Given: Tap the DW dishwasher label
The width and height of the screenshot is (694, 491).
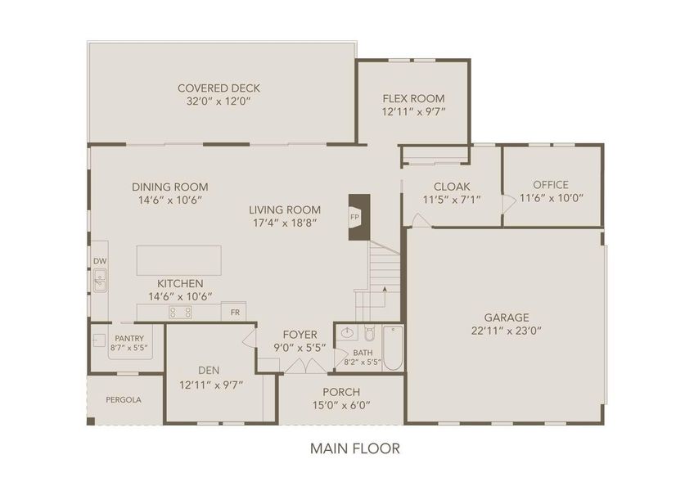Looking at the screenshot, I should [x=99, y=262].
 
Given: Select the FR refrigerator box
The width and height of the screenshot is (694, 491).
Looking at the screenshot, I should [x=234, y=313].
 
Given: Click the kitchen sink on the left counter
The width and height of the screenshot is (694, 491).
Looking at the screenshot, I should [x=100, y=284].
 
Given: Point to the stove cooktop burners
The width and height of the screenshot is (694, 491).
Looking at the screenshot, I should [x=180, y=312].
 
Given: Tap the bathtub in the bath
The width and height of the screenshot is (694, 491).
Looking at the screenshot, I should [x=393, y=348].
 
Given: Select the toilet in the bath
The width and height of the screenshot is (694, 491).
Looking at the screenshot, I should [x=369, y=335].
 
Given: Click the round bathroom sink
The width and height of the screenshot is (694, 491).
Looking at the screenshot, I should [x=347, y=334].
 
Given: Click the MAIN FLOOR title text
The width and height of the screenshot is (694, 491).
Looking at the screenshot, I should [x=354, y=448].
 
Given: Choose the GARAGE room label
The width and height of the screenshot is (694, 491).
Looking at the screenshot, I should [x=506, y=318].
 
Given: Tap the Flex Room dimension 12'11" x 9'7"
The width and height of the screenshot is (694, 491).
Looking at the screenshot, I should [x=413, y=111].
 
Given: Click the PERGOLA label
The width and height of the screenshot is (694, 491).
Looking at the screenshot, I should [x=124, y=400].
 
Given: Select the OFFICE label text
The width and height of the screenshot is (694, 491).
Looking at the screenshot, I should [x=550, y=185].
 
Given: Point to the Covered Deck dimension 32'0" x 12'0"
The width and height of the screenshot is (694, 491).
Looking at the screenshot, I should [x=218, y=102].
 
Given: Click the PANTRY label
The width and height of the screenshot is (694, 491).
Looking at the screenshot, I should [x=128, y=338].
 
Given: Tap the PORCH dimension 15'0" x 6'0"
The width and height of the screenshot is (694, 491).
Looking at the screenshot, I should [x=341, y=405].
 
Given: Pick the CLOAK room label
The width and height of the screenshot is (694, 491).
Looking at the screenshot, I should [x=451, y=186].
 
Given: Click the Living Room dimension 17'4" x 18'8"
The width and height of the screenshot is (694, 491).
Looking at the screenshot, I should [x=285, y=222].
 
